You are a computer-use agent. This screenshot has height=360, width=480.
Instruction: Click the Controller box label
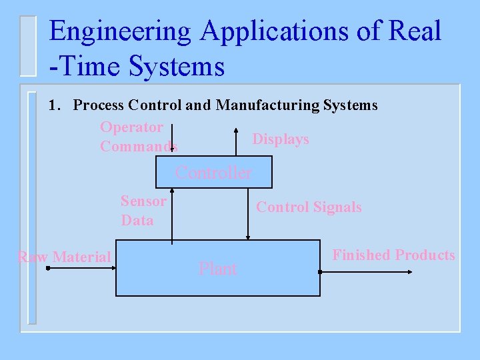213,173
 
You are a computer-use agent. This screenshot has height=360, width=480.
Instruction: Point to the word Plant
217,269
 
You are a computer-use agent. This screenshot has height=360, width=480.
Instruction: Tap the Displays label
280,139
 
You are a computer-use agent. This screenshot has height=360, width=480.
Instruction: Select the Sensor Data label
142,210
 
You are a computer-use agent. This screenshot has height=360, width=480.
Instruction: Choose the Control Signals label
309,207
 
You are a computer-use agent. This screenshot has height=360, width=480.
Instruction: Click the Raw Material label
64,257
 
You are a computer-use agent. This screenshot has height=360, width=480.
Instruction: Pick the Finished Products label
393,255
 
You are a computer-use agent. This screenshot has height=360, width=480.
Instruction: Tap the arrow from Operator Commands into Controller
172,140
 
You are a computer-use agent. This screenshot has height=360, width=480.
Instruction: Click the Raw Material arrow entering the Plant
80,269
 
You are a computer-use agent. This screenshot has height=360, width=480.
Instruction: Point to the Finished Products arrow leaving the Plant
367,272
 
